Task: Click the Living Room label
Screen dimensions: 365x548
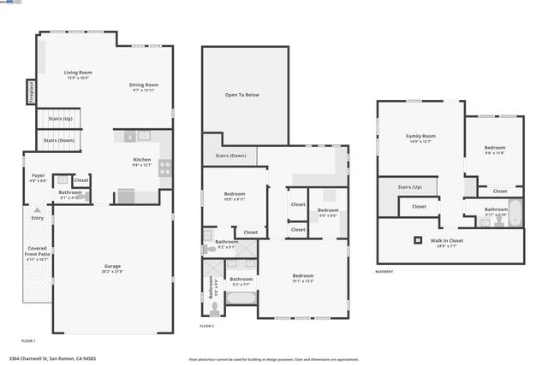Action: [x=78, y=74]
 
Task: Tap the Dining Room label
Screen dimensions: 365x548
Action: [x=144, y=86]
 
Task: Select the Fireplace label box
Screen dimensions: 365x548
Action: [x=30, y=91]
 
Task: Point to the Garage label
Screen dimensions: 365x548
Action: [x=112, y=268]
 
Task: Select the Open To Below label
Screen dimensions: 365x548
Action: [x=241, y=95]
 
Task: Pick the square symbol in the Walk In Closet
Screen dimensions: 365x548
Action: [x=419, y=240]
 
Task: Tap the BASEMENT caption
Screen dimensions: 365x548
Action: [x=384, y=272]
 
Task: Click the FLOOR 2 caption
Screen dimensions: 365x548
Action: [x=207, y=327]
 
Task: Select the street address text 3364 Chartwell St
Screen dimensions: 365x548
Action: [x=52, y=359]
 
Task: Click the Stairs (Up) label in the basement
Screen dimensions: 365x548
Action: [x=410, y=186]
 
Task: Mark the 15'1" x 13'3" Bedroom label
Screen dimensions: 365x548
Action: [x=303, y=277]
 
